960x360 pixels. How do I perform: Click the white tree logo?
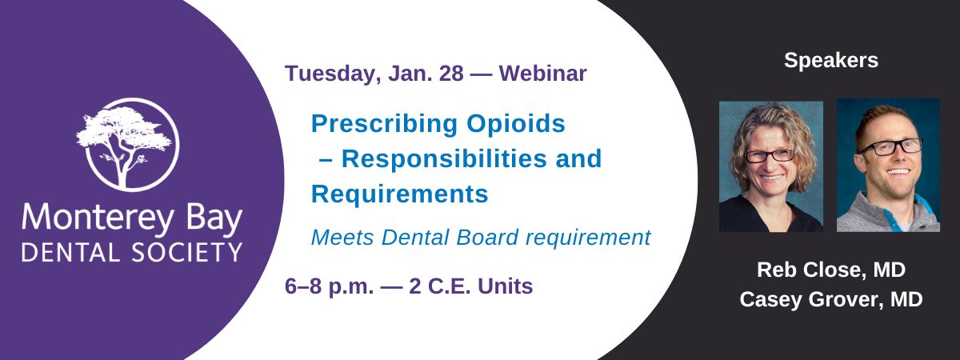[x=127, y=145]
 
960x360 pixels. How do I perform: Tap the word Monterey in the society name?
[x=98, y=218]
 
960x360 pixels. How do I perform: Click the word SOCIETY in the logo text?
[x=187, y=252]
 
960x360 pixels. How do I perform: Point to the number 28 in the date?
[x=451, y=74]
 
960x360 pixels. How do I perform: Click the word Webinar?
[x=542, y=74]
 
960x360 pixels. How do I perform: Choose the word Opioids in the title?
[x=515, y=124]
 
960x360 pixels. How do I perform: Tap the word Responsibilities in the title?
[x=444, y=158]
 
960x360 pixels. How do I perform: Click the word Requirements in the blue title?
[x=400, y=194]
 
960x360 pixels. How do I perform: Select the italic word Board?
[x=487, y=238]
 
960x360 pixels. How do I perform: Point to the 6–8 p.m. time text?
[x=329, y=286]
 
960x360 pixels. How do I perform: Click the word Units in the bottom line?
[x=506, y=286]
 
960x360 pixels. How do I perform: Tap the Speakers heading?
[x=831, y=61]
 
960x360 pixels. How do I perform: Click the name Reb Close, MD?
[x=831, y=270]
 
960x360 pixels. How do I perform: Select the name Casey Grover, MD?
[x=831, y=299]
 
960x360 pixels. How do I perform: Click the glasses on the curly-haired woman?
[x=770, y=155]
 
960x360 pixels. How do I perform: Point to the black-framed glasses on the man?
[x=890, y=147]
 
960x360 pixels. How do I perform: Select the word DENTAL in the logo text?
[x=70, y=252]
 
